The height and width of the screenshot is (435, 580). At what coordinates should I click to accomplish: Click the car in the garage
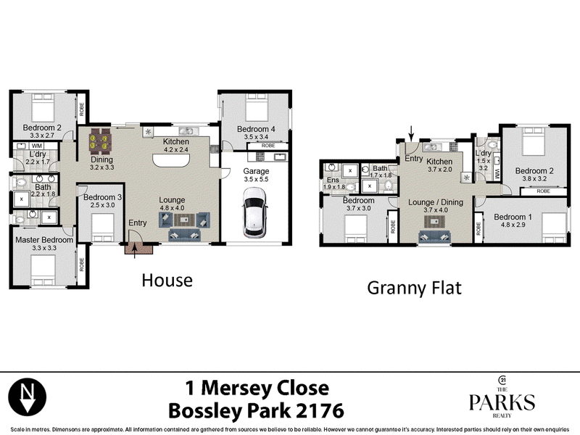coord(254,212)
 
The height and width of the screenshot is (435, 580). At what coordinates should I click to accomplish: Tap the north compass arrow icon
coord(28,397)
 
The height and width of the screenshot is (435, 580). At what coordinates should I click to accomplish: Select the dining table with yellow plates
coord(100,141)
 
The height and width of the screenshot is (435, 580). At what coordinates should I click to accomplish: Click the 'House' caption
coord(167,281)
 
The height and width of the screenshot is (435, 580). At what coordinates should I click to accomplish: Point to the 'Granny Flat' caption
coord(414,288)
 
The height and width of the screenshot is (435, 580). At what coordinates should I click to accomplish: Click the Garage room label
coord(256,171)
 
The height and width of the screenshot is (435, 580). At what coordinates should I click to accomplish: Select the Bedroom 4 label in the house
coord(256,129)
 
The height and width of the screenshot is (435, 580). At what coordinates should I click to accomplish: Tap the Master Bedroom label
coord(44,240)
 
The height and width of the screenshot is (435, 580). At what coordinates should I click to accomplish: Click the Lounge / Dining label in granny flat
coord(436,202)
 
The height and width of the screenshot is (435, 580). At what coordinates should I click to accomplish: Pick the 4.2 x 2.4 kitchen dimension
coord(176,150)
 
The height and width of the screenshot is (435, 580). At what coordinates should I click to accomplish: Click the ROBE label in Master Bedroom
coord(82,265)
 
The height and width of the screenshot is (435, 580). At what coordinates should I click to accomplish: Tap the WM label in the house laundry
coord(37,146)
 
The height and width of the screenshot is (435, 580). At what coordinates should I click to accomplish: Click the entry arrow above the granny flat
coord(411,133)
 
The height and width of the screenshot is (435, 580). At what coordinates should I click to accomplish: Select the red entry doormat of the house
coord(138,248)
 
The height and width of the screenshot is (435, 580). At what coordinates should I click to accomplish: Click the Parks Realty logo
coord(502,397)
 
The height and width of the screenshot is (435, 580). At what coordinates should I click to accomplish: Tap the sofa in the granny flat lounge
coord(434,237)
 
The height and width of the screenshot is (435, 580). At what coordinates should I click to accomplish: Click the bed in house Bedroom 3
coord(102,228)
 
